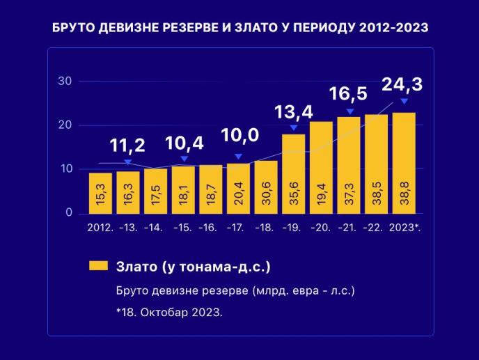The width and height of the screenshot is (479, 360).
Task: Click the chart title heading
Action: click(239, 28)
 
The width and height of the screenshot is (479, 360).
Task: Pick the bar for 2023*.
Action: click(404, 163)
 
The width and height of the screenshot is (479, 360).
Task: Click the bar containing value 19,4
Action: click(321, 167)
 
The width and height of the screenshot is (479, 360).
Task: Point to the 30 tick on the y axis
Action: click(65, 81)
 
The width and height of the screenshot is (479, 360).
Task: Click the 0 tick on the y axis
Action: click(68, 213)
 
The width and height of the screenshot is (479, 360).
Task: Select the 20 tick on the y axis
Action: click(65, 125)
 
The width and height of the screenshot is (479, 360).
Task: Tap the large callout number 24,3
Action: click(402, 84)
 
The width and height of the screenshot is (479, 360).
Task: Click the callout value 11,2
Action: click(127, 146)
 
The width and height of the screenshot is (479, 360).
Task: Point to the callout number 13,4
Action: click(293, 111)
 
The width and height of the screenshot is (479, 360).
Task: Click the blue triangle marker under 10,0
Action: click(239, 157)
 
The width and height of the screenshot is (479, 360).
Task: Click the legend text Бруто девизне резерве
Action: click(235, 290)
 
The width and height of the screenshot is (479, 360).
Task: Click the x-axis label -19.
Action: click(293, 228)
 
